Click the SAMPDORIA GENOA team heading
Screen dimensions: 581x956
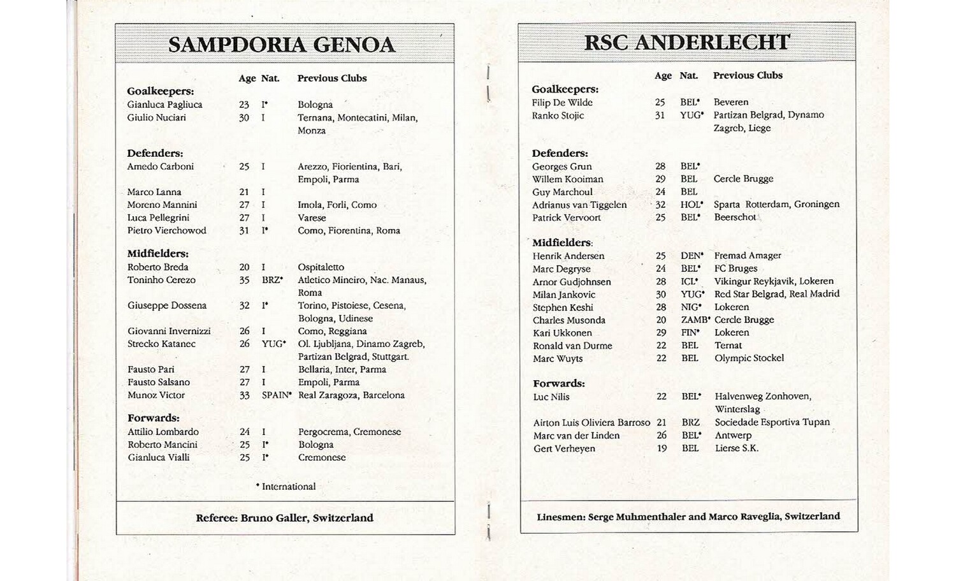(282, 45)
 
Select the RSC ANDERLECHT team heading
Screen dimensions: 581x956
(687, 42)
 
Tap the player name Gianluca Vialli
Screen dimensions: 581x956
(158, 457)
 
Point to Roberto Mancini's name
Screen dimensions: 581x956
(162, 445)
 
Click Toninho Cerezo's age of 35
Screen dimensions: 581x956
(244, 280)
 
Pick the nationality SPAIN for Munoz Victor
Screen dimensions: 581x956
(276, 395)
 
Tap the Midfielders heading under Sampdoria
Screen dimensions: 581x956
(157, 254)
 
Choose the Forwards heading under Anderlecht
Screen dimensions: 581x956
(558, 383)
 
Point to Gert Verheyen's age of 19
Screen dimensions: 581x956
(662, 448)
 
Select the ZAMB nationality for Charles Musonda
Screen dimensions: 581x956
(695, 320)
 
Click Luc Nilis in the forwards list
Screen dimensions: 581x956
(551, 397)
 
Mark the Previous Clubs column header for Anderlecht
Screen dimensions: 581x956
(747, 75)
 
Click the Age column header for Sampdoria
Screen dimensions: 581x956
(247, 78)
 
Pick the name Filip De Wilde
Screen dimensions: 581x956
(562, 103)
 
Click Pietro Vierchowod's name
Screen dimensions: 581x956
(166, 230)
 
